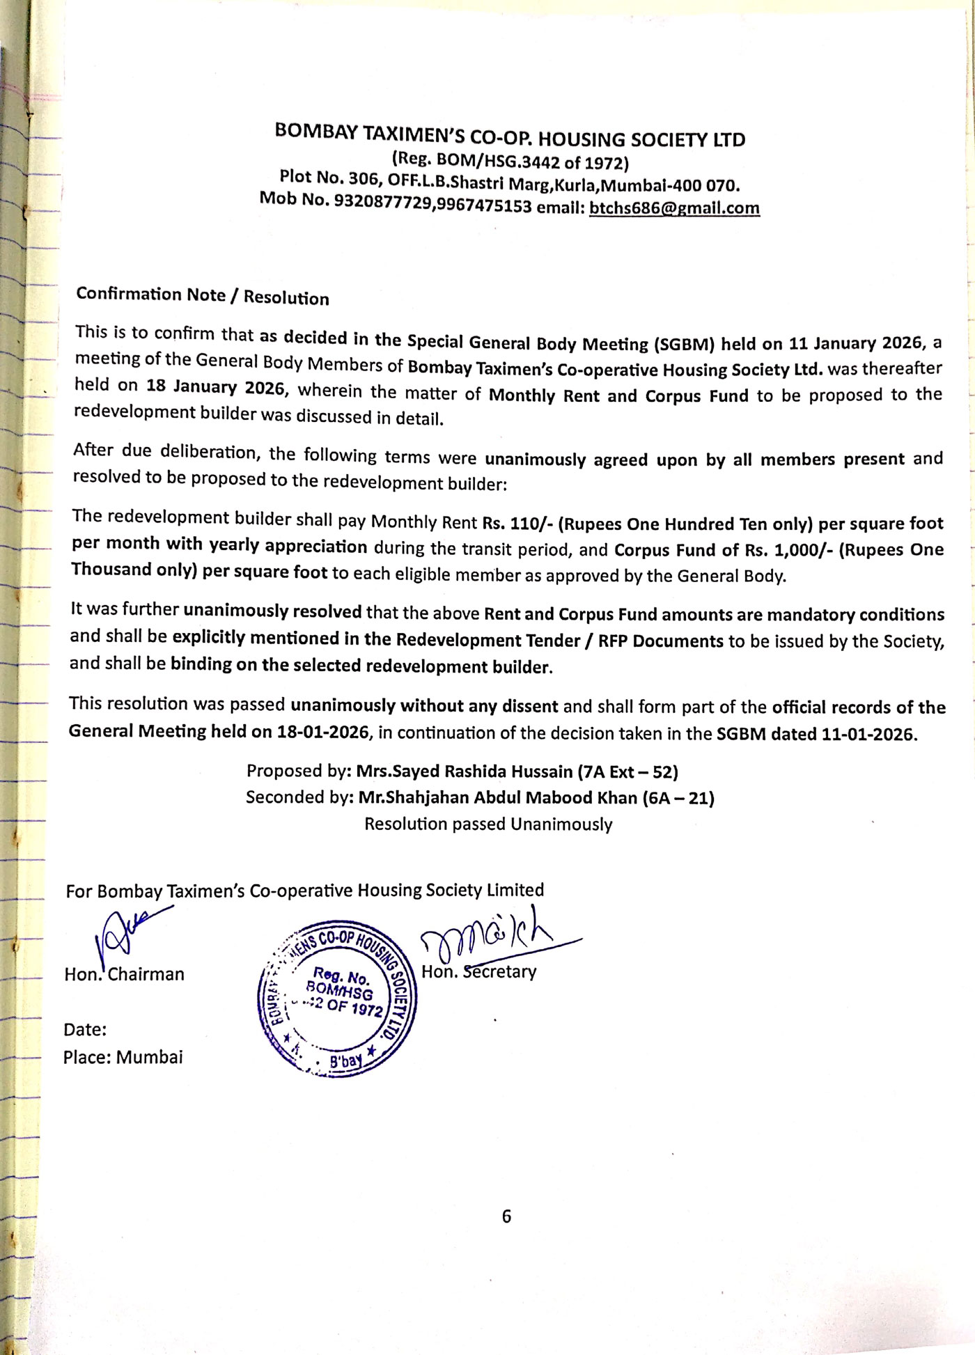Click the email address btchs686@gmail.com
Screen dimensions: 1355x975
[x=674, y=208]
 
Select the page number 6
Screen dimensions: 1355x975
[x=506, y=1216]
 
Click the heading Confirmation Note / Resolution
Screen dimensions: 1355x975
[x=203, y=296]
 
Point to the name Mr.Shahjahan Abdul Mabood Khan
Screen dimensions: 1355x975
[x=497, y=797]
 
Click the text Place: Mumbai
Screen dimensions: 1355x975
[x=123, y=1057]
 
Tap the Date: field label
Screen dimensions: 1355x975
[x=85, y=1029]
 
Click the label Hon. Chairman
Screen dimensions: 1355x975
[x=124, y=974]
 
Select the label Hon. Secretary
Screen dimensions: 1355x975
[x=479, y=971]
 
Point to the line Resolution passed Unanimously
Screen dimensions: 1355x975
[x=488, y=824]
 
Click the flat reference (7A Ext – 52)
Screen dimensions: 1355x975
[x=628, y=772]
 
